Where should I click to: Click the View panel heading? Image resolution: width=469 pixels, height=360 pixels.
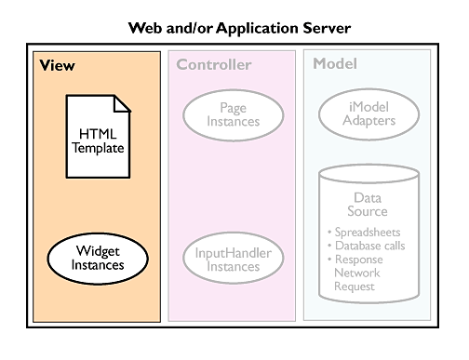click(57, 65)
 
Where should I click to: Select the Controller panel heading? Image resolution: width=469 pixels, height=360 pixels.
click(214, 65)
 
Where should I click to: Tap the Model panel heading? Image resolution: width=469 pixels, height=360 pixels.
click(335, 63)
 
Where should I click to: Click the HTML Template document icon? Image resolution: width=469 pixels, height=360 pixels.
click(98, 136)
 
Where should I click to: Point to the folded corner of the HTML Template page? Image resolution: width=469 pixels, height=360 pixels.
click(122, 103)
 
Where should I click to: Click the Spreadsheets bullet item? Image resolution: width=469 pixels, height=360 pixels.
click(364, 233)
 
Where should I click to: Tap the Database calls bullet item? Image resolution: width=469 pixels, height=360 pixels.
click(367, 246)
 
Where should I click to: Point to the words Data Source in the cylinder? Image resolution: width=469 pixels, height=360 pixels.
click(368, 205)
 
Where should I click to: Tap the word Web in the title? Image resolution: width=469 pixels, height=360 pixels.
click(145, 28)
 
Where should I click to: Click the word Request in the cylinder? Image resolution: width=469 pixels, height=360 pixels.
click(355, 287)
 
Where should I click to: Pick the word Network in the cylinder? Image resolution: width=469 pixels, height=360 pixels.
click(357, 273)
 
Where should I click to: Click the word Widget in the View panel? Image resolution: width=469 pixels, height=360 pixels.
click(98, 251)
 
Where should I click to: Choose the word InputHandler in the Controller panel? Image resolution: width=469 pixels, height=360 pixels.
click(234, 253)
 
